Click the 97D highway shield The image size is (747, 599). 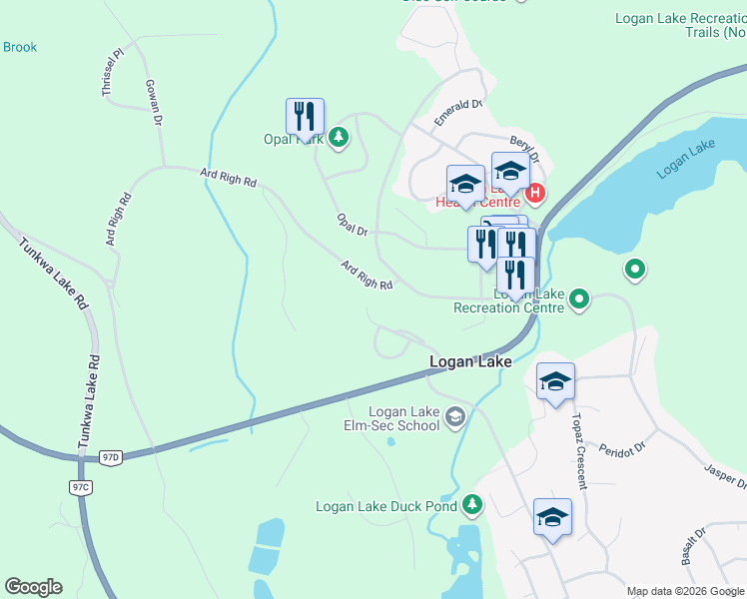110,457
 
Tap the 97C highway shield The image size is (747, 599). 81,487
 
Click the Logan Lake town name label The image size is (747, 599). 470,361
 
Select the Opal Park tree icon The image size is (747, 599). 339,137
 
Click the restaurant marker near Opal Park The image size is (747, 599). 305,118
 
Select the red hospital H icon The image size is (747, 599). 535,192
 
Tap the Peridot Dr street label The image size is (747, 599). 624,444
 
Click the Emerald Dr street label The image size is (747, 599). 458,111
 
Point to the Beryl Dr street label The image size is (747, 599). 524,151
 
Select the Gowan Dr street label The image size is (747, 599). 153,102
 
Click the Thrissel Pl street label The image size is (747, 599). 110,73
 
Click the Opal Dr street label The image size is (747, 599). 353,225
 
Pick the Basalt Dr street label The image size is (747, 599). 694,547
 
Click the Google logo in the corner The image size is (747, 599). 33,587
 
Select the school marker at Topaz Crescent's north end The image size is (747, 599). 555,381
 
